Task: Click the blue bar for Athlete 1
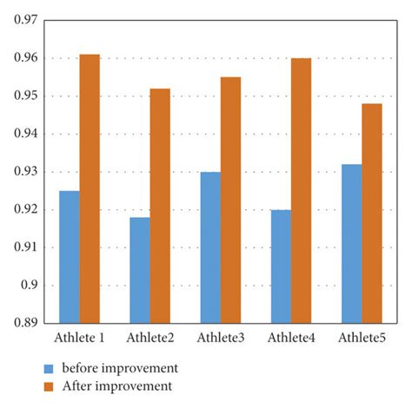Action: pos(69,257)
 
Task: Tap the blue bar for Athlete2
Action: pos(140,270)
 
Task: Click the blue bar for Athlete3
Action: pos(210,247)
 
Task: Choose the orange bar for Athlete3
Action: pos(230,200)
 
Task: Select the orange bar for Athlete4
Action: pos(301,190)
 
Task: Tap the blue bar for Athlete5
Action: pos(351,244)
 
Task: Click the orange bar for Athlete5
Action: pos(372,214)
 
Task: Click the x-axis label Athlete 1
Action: pos(79,337)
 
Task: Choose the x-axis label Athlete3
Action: pos(221,337)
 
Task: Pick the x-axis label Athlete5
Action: pos(362,337)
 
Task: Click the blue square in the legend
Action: pos(49,367)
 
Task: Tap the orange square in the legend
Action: pos(49,385)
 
